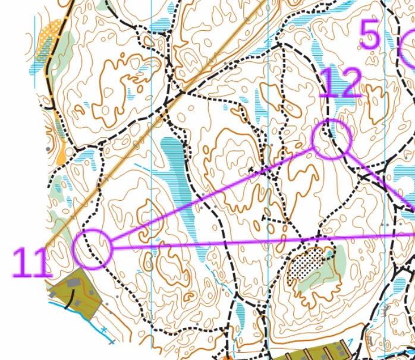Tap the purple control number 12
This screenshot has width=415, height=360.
pos(340,84)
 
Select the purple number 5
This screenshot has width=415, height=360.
pos(370,35)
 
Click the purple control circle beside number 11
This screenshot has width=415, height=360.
pos(93,249)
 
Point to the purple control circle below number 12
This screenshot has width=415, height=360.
pos(332,138)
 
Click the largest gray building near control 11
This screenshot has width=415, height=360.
pos(75,284)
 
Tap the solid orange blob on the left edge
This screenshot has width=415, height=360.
pos(60,156)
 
